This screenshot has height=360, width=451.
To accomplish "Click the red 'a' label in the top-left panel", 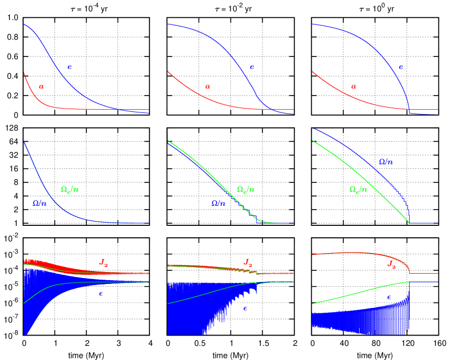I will tap(42, 86).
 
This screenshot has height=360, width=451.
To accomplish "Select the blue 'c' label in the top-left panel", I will tap(70, 67).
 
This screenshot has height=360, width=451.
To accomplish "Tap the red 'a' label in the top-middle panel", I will tap(208, 86).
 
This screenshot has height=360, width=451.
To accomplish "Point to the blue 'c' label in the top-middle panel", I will tap(252, 67).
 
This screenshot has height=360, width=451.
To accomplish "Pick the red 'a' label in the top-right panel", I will tap(354, 86).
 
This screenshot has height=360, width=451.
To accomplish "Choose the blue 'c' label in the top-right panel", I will tap(401, 67).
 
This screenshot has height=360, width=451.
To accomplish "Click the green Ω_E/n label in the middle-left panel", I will tap(70, 190).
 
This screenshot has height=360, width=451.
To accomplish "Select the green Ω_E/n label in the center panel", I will tap(246, 190).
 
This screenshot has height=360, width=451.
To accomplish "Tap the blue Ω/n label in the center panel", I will tap(218, 203).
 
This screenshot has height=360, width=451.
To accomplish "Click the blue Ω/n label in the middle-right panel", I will tap(385, 162).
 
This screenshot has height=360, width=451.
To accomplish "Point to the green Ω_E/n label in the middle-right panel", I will tap(358, 190).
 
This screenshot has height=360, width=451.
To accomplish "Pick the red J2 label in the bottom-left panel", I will tap(104, 262).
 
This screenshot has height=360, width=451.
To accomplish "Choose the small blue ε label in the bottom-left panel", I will tap(101, 294).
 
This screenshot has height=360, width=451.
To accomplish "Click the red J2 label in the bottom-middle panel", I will tap(248, 262).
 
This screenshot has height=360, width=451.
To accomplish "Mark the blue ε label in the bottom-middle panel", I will tap(246, 308).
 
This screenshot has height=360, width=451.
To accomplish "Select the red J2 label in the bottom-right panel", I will tap(391, 265).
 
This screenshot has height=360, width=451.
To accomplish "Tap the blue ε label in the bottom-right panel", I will tap(389, 297).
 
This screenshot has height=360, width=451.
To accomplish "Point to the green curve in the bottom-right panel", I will tap(359, 293).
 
